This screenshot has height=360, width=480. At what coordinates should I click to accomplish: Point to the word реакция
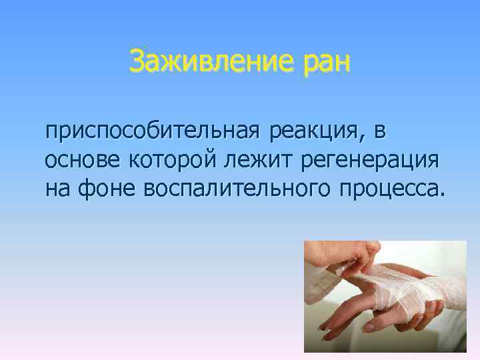pyautogui.click(x=313, y=133)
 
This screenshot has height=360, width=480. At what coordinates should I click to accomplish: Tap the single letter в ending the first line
pyautogui.click(x=379, y=133)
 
